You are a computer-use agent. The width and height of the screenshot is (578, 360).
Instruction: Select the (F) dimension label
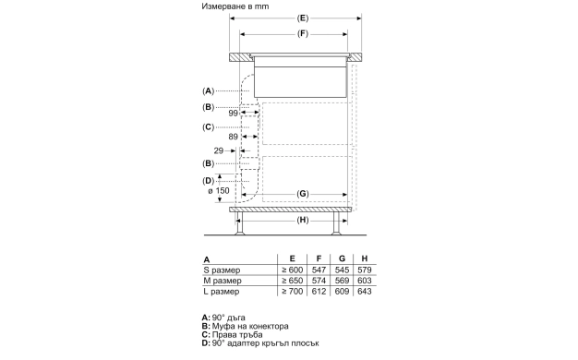pyautogui.click(x=304, y=34)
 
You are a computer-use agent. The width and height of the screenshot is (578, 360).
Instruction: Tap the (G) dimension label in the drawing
pyautogui.click(x=303, y=193)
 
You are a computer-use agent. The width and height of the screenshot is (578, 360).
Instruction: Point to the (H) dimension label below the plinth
pyautogui.click(x=303, y=222)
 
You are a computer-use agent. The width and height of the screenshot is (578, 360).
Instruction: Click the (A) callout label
pyautogui.click(x=208, y=90)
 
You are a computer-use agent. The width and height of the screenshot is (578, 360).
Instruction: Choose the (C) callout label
pyautogui.click(x=208, y=126)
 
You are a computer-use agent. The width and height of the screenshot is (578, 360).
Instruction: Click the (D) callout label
pyautogui.click(x=208, y=180)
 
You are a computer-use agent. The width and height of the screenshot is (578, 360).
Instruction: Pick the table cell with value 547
pyautogui.click(x=319, y=269)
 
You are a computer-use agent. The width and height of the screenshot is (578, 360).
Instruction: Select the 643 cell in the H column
pyautogui.click(x=363, y=292)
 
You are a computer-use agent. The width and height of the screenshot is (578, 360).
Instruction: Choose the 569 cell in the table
pyautogui.click(x=341, y=280)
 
